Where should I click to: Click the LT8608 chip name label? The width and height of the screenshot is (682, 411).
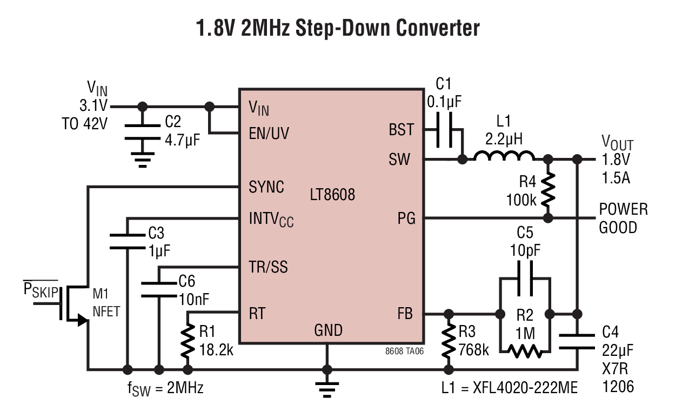click(332, 194)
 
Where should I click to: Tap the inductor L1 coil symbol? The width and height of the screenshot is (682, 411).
click(504, 155)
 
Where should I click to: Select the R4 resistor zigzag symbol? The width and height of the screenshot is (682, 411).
click(548, 189)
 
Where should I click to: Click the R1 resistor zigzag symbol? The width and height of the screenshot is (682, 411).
click(188, 340)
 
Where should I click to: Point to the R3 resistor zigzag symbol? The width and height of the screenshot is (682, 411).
click(449, 340)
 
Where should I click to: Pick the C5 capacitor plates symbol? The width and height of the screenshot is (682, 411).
click(525, 279)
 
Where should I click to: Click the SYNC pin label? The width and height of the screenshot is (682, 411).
click(266, 187)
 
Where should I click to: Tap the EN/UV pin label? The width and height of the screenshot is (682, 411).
click(269, 134)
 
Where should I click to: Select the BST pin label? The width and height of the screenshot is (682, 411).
click(401, 129)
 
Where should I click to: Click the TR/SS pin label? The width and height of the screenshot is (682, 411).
click(268, 267)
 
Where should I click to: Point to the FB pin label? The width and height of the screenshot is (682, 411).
click(405, 314)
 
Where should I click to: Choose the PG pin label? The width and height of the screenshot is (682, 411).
click(406, 218)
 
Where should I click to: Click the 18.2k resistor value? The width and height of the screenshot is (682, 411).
click(216, 350)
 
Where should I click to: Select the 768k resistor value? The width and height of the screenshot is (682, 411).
click(473, 350)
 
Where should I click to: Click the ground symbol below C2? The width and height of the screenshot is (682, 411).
click(143, 160)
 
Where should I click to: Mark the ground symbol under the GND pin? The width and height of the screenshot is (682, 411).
click(327, 390)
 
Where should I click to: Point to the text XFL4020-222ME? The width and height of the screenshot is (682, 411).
click(525, 388)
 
